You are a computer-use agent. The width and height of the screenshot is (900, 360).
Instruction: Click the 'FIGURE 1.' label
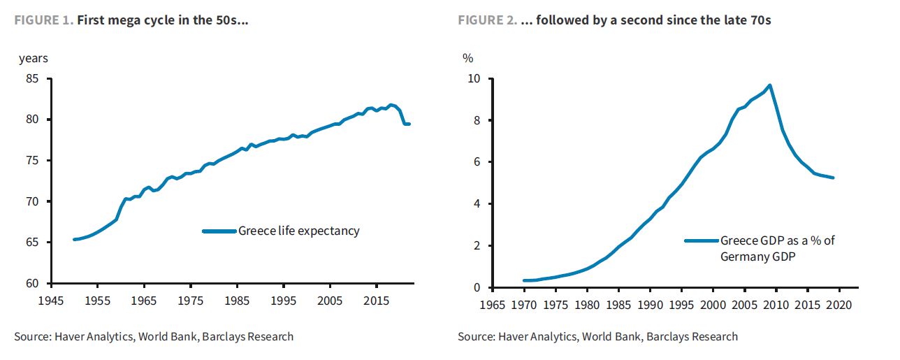click(x=43, y=20)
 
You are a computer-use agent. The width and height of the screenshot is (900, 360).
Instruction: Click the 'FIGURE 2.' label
click(x=488, y=20)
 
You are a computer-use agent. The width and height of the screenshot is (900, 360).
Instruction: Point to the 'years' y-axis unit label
click(x=34, y=59)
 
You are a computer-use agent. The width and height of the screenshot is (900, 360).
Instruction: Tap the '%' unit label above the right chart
click(x=468, y=59)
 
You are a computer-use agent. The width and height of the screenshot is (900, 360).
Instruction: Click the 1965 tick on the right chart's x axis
click(x=493, y=305)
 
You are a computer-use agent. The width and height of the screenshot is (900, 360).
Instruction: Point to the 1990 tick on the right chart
click(x=650, y=305)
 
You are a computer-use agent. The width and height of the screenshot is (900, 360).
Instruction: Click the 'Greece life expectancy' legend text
click(x=298, y=231)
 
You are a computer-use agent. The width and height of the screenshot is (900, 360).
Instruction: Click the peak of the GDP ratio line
click(x=769, y=85)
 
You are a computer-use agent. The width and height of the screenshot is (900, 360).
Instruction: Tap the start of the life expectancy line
click(x=74, y=239)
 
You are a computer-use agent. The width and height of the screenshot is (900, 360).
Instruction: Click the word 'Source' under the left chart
click(x=32, y=337)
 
